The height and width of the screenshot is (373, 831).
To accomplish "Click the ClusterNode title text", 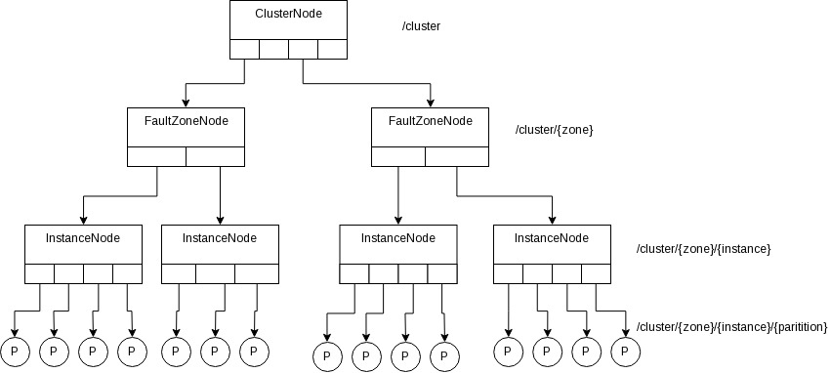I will point(288,16).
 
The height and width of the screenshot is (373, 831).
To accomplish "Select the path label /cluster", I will point(422,26).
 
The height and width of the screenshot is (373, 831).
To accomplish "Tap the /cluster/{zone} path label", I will point(555,130).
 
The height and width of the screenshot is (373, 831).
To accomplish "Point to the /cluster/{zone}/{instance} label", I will point(704,249).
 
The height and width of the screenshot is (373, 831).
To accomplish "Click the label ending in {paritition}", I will point(731,325).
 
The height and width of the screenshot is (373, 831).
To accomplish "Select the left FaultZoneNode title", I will point(186,121).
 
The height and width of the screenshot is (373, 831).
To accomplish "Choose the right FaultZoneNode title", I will point(430,121).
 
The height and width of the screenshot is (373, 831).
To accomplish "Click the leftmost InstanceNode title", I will point(83,238).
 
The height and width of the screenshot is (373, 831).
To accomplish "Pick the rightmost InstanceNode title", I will point(552,238).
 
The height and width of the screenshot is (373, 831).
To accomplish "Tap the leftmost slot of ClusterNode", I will point(244,49).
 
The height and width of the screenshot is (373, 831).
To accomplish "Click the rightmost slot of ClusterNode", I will point(332,49).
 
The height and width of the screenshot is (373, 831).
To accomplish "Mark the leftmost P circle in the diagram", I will point(14,350).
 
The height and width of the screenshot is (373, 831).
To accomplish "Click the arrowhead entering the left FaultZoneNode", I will point(186,103).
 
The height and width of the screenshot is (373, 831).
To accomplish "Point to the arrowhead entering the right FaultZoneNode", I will point(430,103).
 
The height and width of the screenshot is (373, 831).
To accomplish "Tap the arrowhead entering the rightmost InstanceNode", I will point(552,220).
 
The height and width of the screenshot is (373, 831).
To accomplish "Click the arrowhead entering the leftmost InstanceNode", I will point(83,220).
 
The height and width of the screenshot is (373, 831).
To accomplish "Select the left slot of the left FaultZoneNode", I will point(156,156).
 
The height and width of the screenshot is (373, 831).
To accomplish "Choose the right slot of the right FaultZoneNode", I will point(457,156).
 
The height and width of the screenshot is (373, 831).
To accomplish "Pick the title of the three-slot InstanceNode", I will point(221,238).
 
